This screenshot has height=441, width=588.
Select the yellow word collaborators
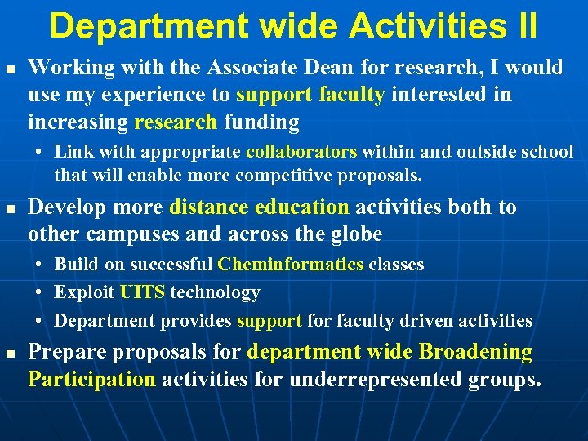click(301, 152)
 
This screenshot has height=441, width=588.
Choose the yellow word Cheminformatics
click(291, 265)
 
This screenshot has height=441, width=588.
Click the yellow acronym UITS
click(141, 292)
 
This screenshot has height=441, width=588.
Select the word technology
click(215, 292)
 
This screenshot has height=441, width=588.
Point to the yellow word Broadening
click(475, 352)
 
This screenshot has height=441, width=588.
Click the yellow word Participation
click(91, 379)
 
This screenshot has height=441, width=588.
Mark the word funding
click(261, 122)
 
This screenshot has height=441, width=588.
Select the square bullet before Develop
click(9, 209)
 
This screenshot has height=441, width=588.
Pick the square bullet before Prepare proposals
click(9, 354)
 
